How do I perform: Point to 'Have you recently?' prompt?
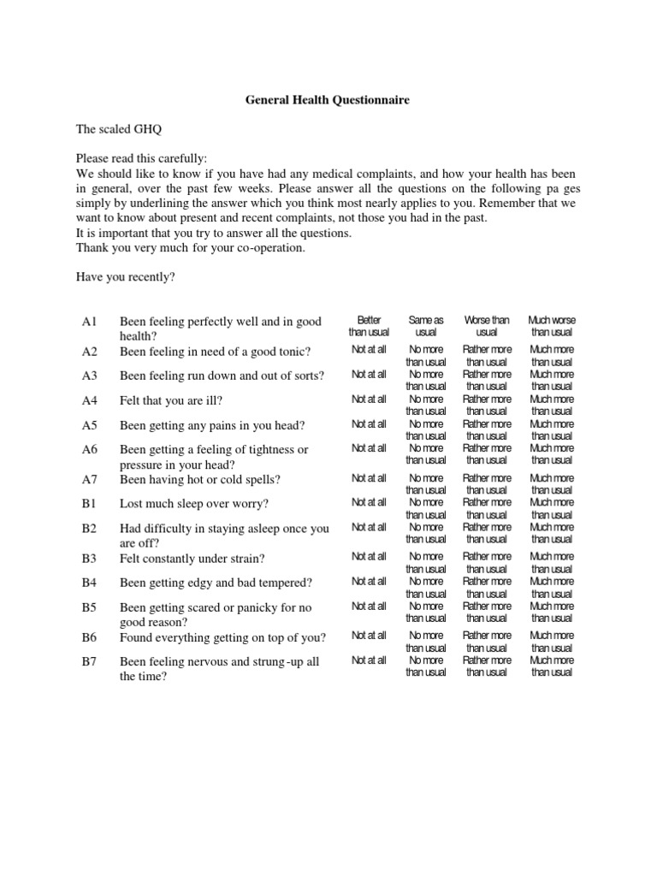125,278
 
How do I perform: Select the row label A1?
91,322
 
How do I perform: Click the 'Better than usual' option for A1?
369,326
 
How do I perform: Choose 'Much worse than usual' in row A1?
552,326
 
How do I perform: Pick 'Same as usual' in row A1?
426,326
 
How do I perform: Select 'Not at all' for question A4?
369,400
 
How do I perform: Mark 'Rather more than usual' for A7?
487,484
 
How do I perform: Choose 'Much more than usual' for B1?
552,508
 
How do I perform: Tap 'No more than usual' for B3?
426,562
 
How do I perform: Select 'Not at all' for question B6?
369,636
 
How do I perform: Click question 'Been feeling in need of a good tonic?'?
216,352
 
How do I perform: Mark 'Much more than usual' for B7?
552,666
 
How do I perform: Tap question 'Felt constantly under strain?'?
192,559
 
